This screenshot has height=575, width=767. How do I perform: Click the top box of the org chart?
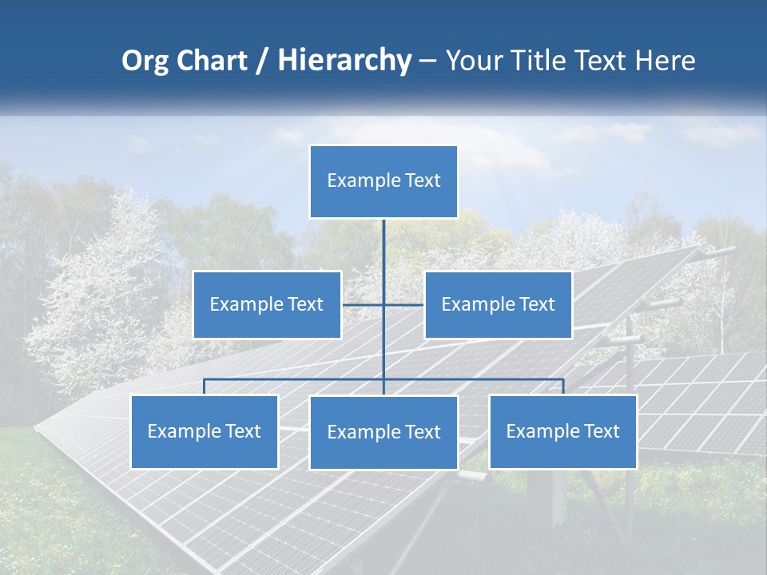click(x=383, y=181)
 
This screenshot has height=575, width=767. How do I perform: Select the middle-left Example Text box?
click(x=267, y=304)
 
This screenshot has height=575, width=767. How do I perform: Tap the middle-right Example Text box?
click(x=498, y=304)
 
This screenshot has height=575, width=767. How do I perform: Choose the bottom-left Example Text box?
click(x=205, y=431)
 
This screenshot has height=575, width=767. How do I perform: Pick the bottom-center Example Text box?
click(x=383, y=432)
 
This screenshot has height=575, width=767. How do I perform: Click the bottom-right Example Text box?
click(x=562, y=431)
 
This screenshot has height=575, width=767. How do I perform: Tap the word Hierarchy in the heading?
click(x=344, y=61)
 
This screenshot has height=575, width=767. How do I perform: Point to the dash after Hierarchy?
click(x=427, y=61)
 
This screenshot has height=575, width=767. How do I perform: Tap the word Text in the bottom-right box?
click(x=601, y=431)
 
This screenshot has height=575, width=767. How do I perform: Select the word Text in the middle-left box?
click(x=305, y=304)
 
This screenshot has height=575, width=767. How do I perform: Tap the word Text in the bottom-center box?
click(x=422, y=432)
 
